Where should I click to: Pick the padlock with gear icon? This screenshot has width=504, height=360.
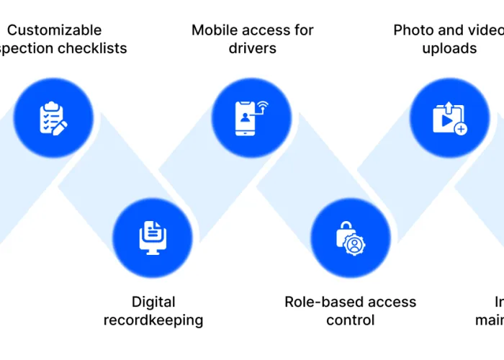click(x=351, y=237)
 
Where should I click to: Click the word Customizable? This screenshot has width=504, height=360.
click(x=54, y=30)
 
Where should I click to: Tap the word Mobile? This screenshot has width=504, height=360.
click(x=217, y=30)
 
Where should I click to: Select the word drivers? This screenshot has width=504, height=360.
click(x=252, y=49)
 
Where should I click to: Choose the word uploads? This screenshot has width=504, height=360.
click(x=449, y=49)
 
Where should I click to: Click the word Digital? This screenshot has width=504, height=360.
click(x=153, y=302)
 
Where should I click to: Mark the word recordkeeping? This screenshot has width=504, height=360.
click(x=153, y=320)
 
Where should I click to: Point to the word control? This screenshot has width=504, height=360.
click(x=351, y=320)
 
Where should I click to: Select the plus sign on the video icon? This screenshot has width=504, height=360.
click(x=460, y=129)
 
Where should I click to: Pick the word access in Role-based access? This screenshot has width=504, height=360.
click(x=392, y=302)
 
